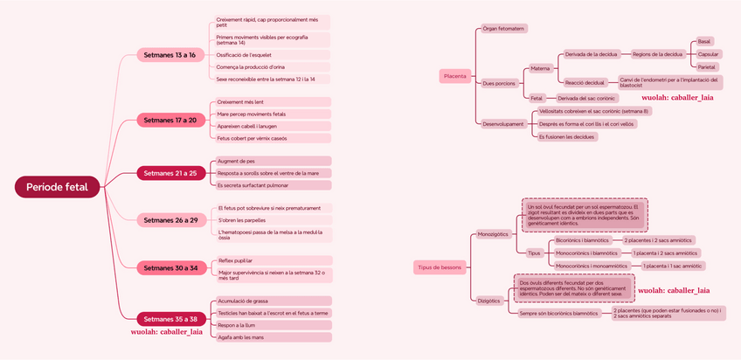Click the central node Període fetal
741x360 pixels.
click(x=58, y=187)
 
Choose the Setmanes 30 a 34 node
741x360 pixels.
click(x=170, y=267)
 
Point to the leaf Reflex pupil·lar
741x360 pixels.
click(x=237, y=260)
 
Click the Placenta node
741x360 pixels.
click(x=455, y=76)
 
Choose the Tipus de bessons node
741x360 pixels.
click(x=440, y=267)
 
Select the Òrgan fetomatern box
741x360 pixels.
click(x=503, y=29)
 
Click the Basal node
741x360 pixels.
click(x=705, y=41)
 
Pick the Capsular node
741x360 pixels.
click(x=708, y=54)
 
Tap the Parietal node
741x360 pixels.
click(x=708, y=66)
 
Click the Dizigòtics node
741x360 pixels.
click(x=489, y=301)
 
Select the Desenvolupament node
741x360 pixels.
click(x=503, y=124)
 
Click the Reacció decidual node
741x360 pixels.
click(x=585, y=82)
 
